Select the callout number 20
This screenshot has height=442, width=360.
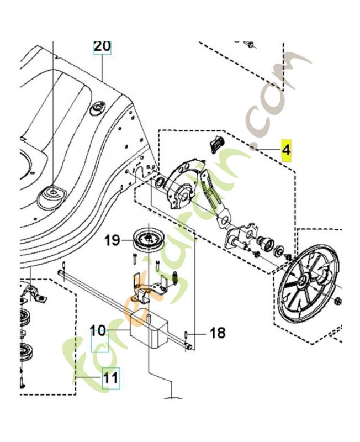point(102,46)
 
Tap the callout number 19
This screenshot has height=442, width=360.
point(113,240)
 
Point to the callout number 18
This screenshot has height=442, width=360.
point(218,333)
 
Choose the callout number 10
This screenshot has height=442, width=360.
point(98,330)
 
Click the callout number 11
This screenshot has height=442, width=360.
point(110,378)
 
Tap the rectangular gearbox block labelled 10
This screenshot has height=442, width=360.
point(148,329)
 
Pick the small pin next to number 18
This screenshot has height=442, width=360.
point(187,335)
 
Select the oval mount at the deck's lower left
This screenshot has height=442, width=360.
point(52,197)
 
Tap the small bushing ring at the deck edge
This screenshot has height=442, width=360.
point(160,183)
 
